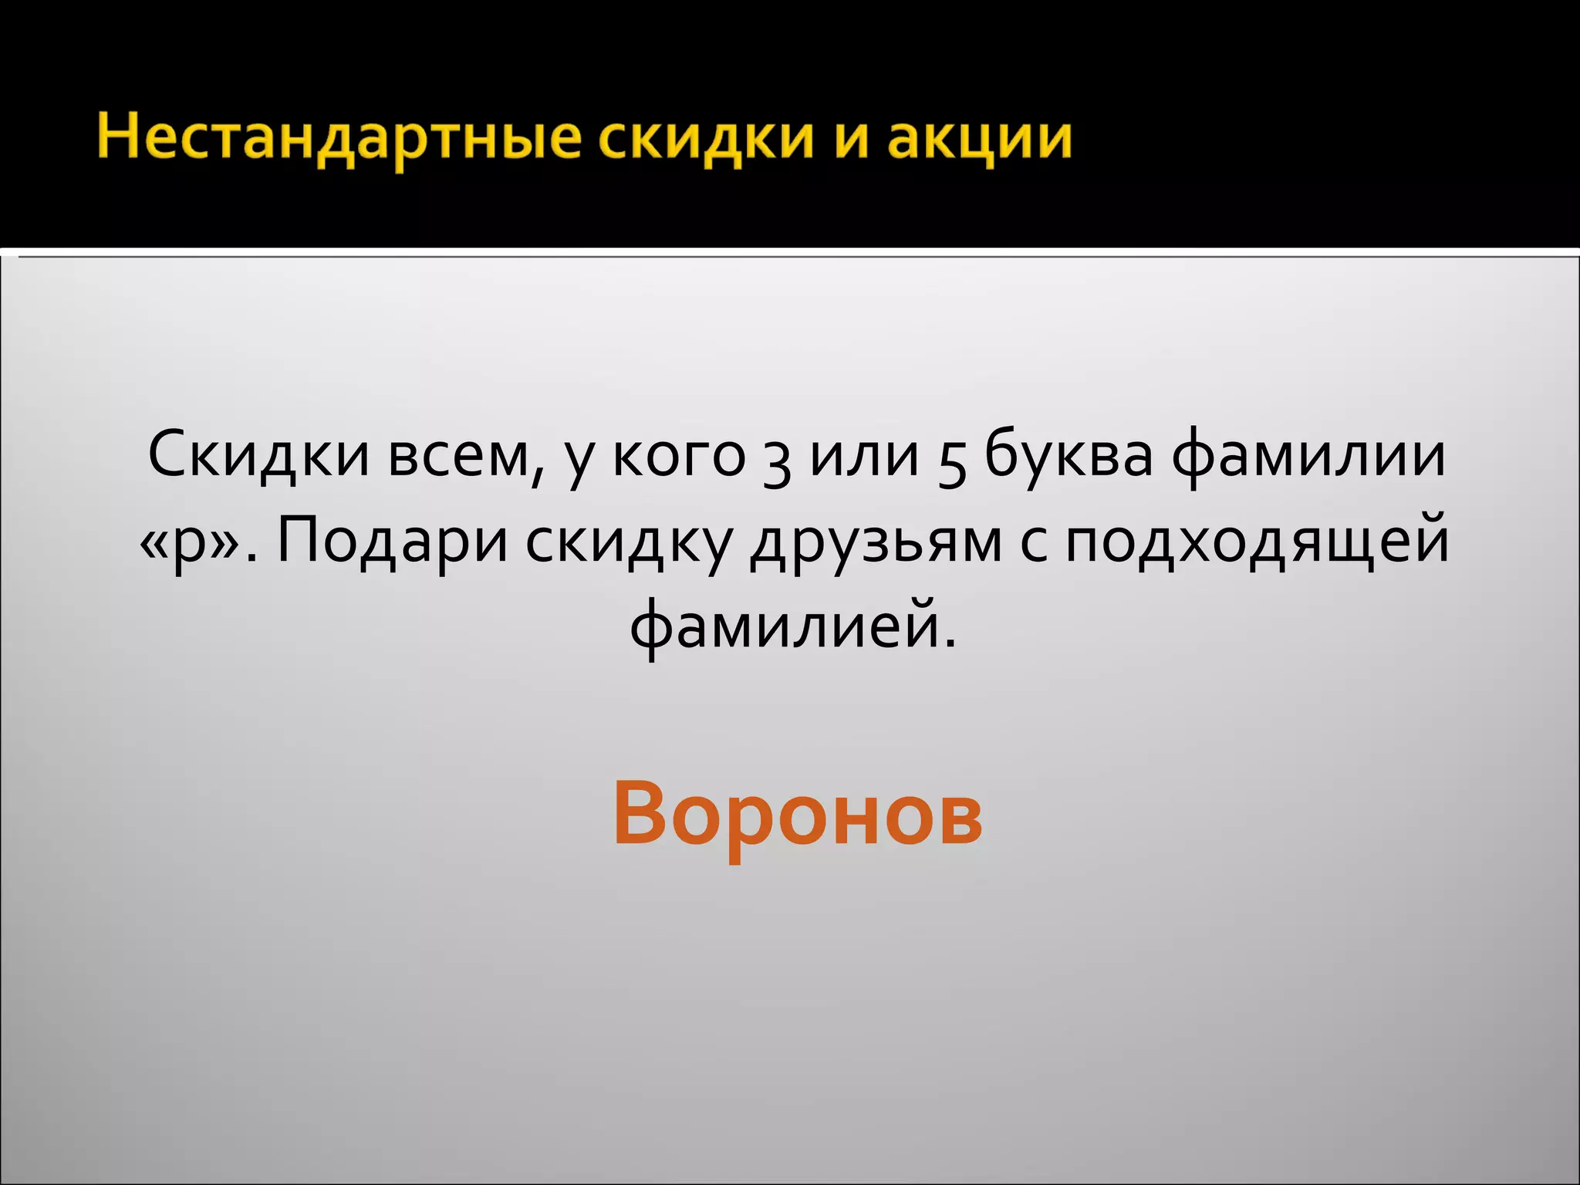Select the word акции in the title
coord(980,139)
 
